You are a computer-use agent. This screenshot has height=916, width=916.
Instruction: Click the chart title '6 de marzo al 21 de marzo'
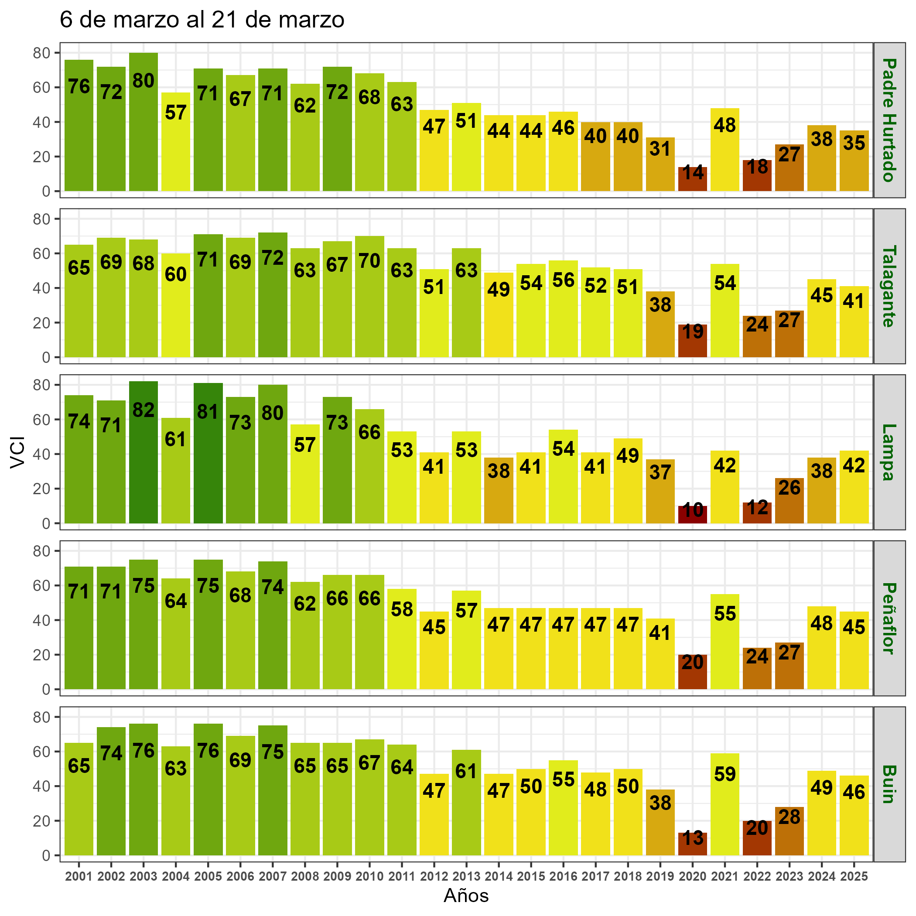pyautogui.click(x=202, y=21)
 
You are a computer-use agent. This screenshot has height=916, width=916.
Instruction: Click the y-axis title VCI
pyautogui.click(x=17, y=454)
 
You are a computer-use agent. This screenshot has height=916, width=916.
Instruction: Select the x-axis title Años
pyautogui.click(x=466, y=895)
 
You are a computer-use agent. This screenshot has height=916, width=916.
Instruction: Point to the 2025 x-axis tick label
pyautogui.click(x=854, y=876)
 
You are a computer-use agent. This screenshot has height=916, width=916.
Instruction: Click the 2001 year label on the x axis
pyautogui.click(x=79, y=876)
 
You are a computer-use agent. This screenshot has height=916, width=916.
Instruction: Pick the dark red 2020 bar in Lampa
pyautogui.click(x=693, y=514)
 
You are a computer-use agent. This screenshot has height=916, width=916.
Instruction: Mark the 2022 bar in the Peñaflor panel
pyautogui.click(x=757, y=668)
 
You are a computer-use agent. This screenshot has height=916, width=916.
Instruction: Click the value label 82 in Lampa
pyautogui.click(x=143, y=410)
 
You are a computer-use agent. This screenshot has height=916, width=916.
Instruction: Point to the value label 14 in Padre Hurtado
pyautogui.click(x=693, y=173)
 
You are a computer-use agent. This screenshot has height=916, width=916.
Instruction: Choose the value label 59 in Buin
pyautogui.click(x=725, y=774)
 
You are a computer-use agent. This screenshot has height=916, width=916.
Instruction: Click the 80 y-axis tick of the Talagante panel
pyautogui.click(x=45, y=219)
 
